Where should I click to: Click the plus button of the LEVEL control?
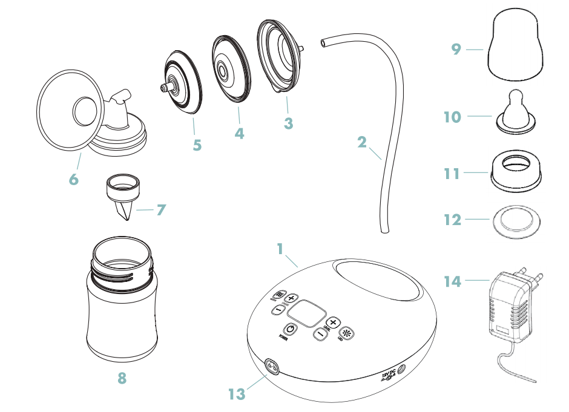pos(332,323)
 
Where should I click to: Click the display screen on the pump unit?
pos(306,313)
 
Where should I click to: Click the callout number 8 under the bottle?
pos(122,379)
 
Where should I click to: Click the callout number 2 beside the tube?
pos(362,143)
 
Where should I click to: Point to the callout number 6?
pos(73,180)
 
